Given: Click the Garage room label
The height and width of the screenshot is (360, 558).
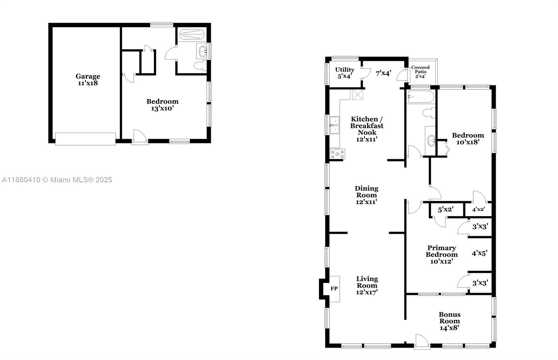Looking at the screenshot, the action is pyautogui.click(x=88, y=76).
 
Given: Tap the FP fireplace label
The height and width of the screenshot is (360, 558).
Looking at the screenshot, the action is pyautogui.click(x=334, y=289).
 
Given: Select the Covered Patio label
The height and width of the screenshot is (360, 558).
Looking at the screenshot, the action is pyautogui.click(x=420, y=69).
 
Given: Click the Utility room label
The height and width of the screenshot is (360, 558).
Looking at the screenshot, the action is pyautogui.click(x=345, y=69).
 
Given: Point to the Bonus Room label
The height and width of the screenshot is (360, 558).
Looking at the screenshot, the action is pyautogui.click(x=450, y=318).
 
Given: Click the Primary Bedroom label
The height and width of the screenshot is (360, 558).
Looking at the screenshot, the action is pyautogui.click(x=442, y=251).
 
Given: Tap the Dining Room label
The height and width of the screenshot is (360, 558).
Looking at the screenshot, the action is pyautogui.click(x=367, y=192).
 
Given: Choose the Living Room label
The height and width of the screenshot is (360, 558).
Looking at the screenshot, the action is pyautogui.click(x=367, y=282).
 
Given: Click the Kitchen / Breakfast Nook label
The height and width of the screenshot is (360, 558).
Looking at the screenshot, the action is pyautogui.click(x=367, y=126).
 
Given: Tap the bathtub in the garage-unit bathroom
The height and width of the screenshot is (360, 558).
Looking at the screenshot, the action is pyautogui.click(x=192, y=35).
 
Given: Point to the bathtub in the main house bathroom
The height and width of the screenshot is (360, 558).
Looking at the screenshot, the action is pyautogui.click(x=421, y=97).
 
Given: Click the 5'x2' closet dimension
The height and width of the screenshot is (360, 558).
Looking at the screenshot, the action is pyautogui.click(x=446, y=210).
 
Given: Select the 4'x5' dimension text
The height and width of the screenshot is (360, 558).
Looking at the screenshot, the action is pyautogui.click(x=479, y=253).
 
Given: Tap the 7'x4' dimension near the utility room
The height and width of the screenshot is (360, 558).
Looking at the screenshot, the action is pyautogui.click(x=383, y=73).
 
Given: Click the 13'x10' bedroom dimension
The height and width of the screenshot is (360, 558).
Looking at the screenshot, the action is pyautogui.click(x=162, y=108).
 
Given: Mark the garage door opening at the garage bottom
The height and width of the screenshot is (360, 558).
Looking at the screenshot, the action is pyautogui.click(x=85, y=139).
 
